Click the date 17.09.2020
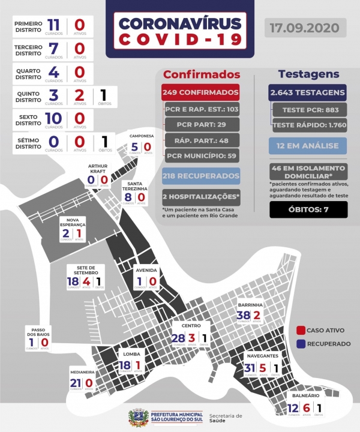point(305,28)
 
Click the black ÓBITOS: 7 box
point(308,209)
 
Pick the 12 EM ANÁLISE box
point(308,145)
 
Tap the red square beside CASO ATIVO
point(301,330)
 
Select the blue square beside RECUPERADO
point(301,344)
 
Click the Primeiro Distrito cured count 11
point(53,25)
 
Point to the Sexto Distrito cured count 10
point(53,118)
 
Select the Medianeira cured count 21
point(75,383)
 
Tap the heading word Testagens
point(308,74)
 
